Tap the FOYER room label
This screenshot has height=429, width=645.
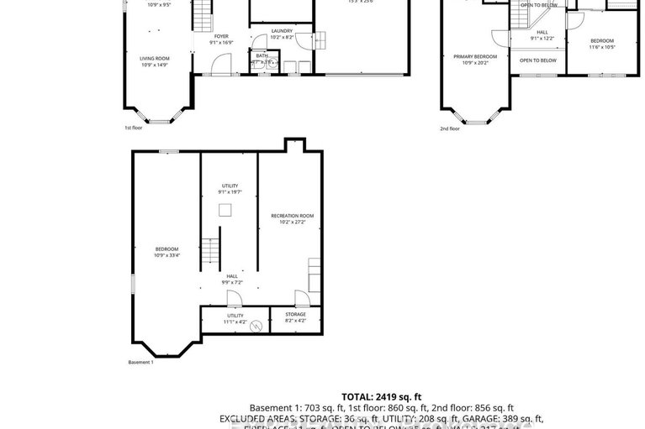(221, 37)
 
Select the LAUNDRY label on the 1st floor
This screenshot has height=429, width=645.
(282, 31)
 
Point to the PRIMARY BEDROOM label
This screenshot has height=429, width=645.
(475, 56)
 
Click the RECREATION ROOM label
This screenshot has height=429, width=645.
(289, 216)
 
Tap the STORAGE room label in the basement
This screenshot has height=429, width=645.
(295, 314)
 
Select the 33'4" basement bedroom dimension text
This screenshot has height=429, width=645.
(167, 255)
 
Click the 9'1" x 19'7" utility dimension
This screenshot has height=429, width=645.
(230, 192)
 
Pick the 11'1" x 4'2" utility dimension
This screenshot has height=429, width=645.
(235, 321)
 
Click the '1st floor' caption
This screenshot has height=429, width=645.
(135, 128)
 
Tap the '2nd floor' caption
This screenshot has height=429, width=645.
(450, 128)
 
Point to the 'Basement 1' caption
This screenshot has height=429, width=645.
(141, 362)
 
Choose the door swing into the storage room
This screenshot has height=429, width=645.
(301, 298)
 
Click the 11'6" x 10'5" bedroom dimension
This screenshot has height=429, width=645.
(602, 47)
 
